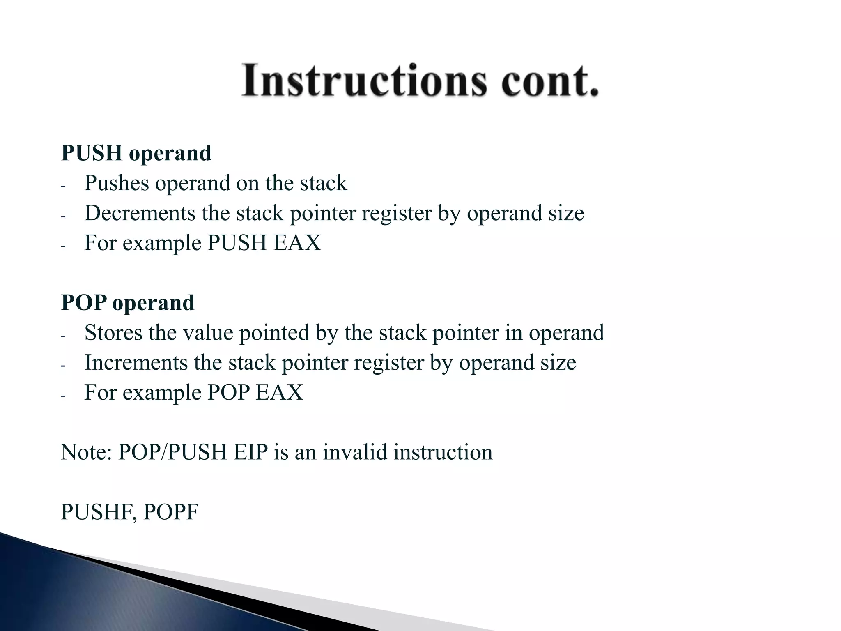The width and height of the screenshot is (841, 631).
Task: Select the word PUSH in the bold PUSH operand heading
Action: (x=92, y=153)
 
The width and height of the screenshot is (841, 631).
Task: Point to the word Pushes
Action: (x=116, y=183)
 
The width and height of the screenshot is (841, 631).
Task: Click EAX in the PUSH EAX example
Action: (x=297, y=243)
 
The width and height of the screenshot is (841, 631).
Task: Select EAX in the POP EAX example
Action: (x=279, y=392)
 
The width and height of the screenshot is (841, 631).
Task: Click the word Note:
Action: (x=86, y=452)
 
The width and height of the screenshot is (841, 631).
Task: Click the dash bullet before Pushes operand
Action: (x=63, y=186)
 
